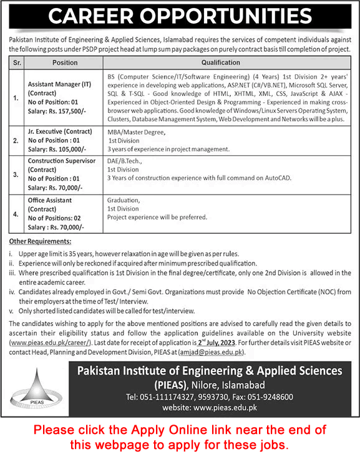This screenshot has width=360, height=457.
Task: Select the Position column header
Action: pyautogui.click(x=65, y=62)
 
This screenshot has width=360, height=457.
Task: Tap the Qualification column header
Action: pyautogui.click(x=221, y=62)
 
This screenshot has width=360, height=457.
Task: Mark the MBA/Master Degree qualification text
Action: pyautogui.click(x=135, y=132)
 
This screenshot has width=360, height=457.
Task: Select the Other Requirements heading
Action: pyautogui.click(x=41, y=241)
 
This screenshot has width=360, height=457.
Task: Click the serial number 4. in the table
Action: pyautogui.click(x=16, y=213)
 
